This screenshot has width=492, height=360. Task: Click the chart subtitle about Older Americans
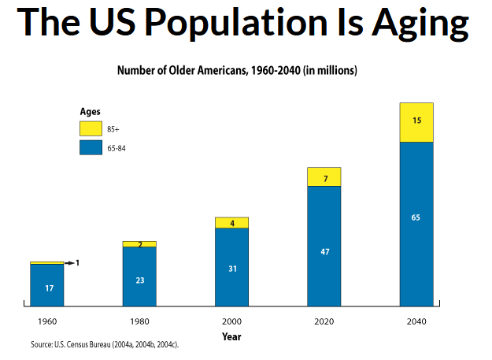coord(237,71)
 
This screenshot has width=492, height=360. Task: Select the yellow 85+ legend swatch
coord(91,128)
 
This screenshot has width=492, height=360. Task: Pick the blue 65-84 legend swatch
coord(91,147)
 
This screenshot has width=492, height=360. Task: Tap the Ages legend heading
coord(90,112)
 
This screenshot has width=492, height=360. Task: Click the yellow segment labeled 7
coord(324,177)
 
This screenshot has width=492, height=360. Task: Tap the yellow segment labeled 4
coord(231,223)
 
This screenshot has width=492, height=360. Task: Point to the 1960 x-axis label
coord(46,322)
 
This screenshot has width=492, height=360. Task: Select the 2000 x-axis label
coord(231,322)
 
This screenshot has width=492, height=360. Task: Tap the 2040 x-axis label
coord(416,322)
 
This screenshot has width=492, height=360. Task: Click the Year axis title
coord(231,336)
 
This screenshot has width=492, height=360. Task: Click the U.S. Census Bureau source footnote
coord(110,345)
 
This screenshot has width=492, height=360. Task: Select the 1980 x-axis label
coord(139,322)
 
